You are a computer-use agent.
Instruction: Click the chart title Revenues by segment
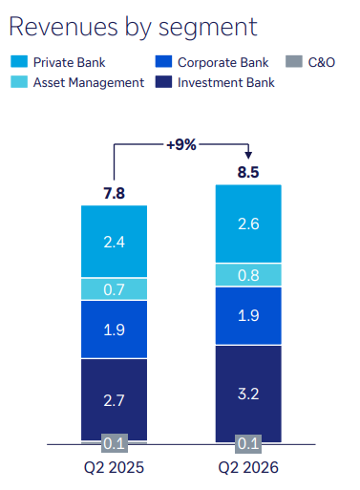133,28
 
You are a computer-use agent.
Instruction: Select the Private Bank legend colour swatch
19,62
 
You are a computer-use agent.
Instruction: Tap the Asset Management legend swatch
19,82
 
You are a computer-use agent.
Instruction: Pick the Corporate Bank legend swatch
163,62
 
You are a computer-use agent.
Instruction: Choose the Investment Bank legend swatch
163,82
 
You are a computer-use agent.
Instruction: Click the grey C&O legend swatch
294,62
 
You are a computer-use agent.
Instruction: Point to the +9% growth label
181,144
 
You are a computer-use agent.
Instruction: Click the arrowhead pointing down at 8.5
248,156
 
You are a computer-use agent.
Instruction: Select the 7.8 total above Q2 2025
114,193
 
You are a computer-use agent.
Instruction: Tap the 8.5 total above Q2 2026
248,172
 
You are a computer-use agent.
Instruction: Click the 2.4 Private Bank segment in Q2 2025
114,242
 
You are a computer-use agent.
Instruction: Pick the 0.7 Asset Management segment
114,289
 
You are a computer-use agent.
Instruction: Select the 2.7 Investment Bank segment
114,400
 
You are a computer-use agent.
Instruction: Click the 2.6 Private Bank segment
248,224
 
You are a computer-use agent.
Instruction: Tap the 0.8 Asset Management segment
248,275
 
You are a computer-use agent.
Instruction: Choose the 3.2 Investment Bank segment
248,394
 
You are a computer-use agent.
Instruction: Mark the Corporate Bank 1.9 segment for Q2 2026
248,316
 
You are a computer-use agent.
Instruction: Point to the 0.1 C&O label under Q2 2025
115,443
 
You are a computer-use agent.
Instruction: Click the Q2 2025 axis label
114,468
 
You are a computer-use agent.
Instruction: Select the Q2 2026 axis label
248,468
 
